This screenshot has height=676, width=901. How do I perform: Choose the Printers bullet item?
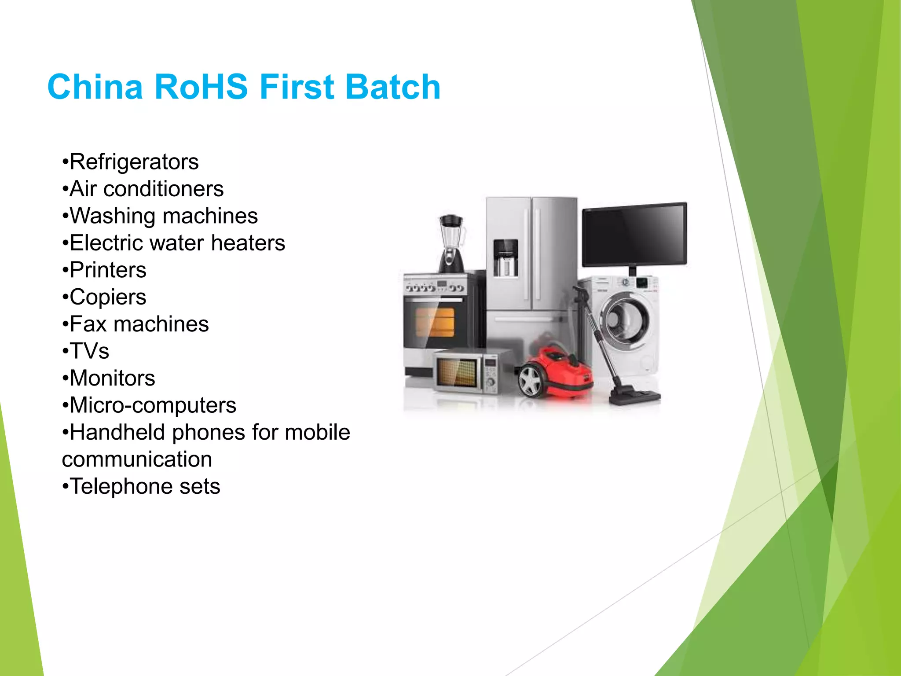pyautogui.click(x=107, y=270)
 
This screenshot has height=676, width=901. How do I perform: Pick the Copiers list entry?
pyautogui.click(x=107, y=297)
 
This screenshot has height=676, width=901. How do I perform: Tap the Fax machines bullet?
pyautogui.click(x=139, y=324)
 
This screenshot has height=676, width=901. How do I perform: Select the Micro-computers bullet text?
pyautogui.click(x=152, y=405)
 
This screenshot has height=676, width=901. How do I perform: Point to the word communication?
pyautogui.click(x=137, y=459)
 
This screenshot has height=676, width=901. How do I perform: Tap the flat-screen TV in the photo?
pyautogui.click(x=634, y=235)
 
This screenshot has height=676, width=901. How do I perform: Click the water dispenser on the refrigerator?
pyautogui.click(x=505, y=258)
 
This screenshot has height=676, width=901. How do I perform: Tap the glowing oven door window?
pyautogui.click(x=435, y=322)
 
